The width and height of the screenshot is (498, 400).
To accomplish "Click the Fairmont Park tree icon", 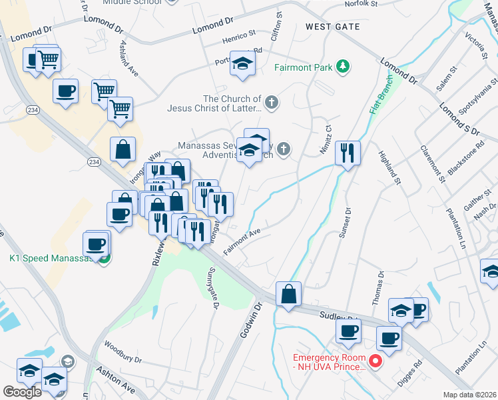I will (x=343, y=67).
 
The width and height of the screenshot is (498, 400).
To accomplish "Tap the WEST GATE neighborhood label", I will (x=332, y=27).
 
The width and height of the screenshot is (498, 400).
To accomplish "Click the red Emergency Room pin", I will (x=375, y=362).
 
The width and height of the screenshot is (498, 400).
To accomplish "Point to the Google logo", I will (x=23, y=391).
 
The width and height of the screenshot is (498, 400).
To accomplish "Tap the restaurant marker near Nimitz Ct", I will (x=348, y=153).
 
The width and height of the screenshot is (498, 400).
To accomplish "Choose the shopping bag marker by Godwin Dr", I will (x=288, y=294).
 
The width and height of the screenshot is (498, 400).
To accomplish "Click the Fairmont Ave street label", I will (x=241, y=240).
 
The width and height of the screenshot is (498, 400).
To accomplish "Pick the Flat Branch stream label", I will (x=377, y=107).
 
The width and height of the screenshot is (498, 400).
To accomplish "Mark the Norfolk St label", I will (x=361, y=4).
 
